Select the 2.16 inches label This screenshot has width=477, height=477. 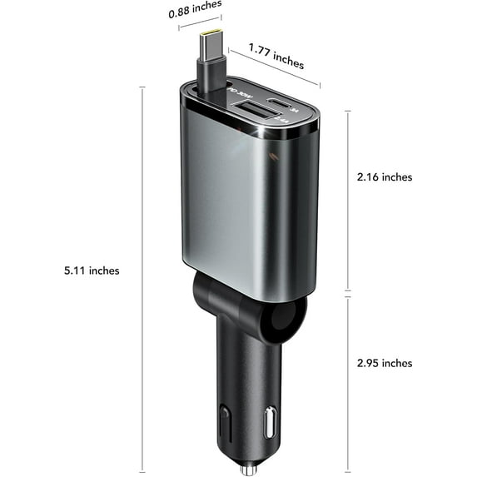384,177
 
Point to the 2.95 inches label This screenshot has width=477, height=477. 384,363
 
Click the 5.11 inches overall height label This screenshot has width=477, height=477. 92,271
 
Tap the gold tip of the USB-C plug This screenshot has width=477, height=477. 209,39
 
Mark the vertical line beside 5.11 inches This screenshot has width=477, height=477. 142,271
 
